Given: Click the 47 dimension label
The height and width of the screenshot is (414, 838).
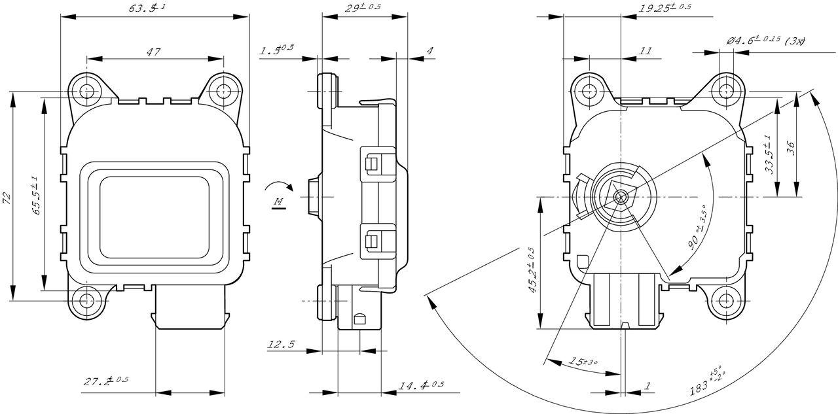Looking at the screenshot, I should coord(154,52).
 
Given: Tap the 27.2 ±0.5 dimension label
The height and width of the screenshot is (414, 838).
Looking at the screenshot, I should coord(105,381).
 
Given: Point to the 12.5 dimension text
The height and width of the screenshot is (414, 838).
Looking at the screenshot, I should coord(282,344).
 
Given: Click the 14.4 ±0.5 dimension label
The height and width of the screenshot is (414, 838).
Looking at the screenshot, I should coord(421,385).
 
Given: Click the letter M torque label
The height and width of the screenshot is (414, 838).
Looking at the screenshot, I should coord(278,202).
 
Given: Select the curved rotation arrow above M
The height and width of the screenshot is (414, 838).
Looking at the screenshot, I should coord(278,186).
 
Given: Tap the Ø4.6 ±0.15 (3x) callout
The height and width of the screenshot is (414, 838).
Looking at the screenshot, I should coord(765,41).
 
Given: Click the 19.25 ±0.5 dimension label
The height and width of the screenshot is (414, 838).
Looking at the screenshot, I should coord(665,8).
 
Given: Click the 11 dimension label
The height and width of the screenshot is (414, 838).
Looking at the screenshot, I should coord(646,50).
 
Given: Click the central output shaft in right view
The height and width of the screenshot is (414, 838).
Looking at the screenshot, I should coord(620,196).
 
